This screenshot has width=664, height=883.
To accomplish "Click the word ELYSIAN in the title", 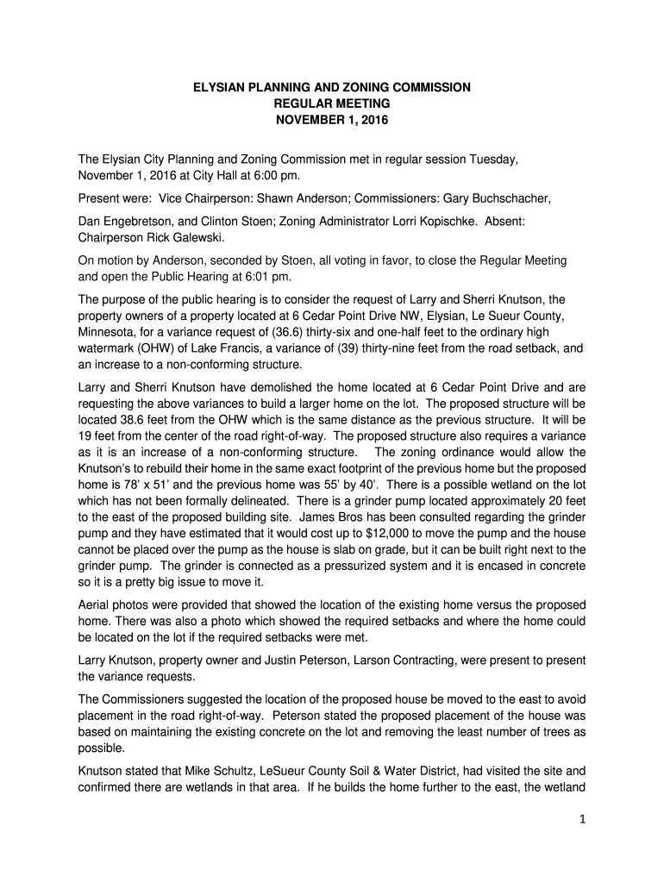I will [216, 87].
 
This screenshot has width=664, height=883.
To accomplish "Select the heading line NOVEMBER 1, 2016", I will [331, 120].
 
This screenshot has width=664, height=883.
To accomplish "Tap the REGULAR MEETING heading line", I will [331, 103].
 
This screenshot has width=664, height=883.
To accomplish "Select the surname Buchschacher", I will [502, 197].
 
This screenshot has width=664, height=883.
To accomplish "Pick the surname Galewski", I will [188, 237].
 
